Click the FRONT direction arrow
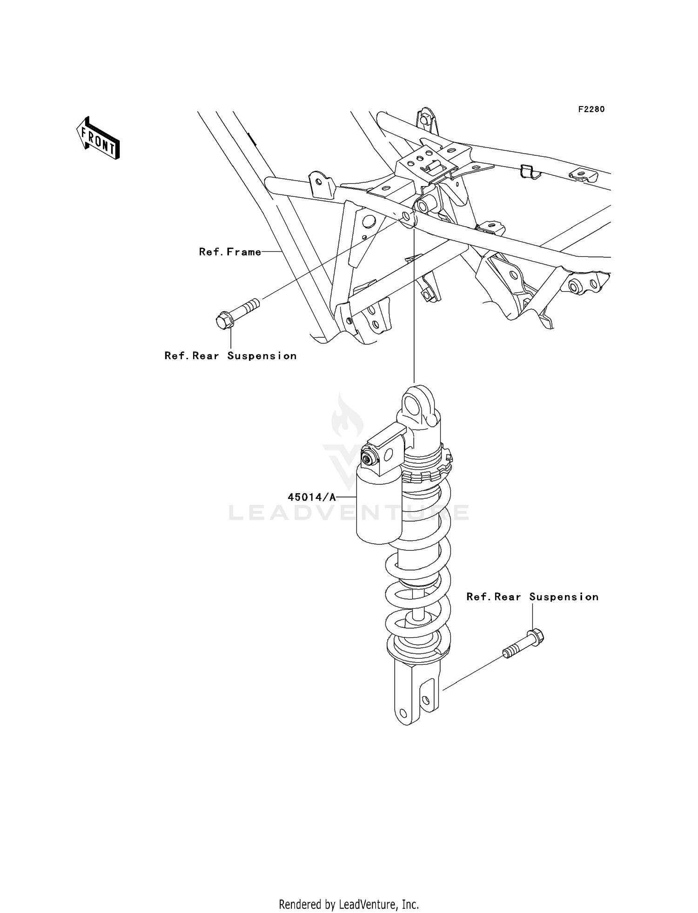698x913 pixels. (98, 138)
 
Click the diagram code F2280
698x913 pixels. (591, 109)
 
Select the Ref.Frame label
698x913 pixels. (230, 252)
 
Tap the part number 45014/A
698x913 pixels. (311, 497)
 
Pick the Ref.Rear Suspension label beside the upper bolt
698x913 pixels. (230, 356)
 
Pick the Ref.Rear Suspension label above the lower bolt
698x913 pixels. (532, 597)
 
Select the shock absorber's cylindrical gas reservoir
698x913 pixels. (378, 512)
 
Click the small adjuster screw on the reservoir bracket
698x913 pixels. (369, 460)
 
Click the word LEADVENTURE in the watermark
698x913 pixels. (349, 513)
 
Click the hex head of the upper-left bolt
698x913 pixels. (224, 321)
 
